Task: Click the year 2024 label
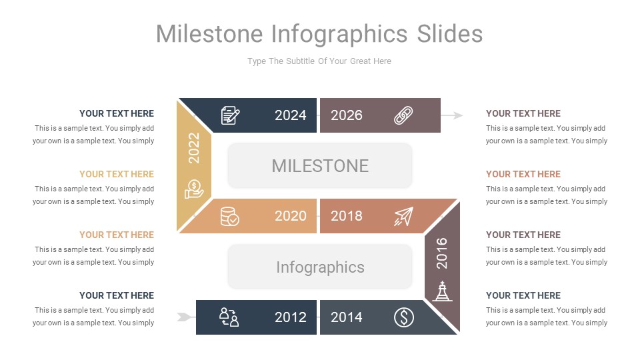pyautogui.click(x=291, y=115)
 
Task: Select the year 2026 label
pyautogui.click(x=347, y=115)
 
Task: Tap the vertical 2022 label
pyautogui.click(x=194, y=148)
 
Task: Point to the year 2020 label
pyautogui.click(x=291, y=216)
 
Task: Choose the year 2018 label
pyautogui.click(x=347, y=216)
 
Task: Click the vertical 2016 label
pyautogui.click(x=442, y=253)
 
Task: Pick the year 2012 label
pyautogui.click(x=291, y=317)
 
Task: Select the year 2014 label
pyautogui.click(x=347, y=317)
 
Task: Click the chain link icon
pyautogui.click(x=403, y=115)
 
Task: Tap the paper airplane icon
pyautogui.click(x=403, y=216)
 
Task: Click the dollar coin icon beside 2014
pyautogui.click(x=403, y=317)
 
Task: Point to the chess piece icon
pyautogui.click(x=442, y=291)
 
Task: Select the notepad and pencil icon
pyautogui.click(x=230, y=115)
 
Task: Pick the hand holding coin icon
pyautogui.click(x=194, y=189)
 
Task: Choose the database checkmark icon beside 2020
pyautogui.click(x=230, y=216)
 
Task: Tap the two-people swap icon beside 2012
pyautogui.click(x=229, y=317)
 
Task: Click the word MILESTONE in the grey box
pyautogui.click(x=320, y=165)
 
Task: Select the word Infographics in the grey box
pyautogui.click(x=320, y=267)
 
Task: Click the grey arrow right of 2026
pyautogui.click(x=453, y=115)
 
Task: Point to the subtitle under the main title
pyautogui.click(x=319, y=61)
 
